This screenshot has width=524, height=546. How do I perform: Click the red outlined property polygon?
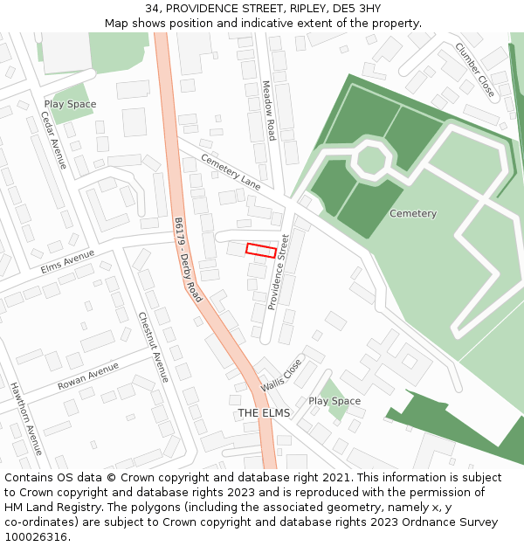tap(261, 250)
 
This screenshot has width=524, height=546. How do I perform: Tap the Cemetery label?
tap(413, 213)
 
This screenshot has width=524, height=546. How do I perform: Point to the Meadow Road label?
tap(268, 110)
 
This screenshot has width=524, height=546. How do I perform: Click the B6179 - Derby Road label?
tap(188, 259)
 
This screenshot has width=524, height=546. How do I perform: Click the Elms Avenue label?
tap(67, 261)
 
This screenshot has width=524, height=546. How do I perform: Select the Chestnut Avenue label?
tap(154, 347)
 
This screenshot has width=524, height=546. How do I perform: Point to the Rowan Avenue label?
tap(88, 377)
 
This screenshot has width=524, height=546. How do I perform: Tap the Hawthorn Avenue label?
tap(25, 418)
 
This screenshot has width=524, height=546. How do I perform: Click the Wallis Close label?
tap(281, 375)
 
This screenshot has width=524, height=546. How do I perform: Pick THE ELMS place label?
tap(264, 412)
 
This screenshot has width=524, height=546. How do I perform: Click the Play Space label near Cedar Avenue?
tap(70, 104)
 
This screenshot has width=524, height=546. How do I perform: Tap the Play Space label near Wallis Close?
tap(334, 401)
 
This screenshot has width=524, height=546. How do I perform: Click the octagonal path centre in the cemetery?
tap(371, 160)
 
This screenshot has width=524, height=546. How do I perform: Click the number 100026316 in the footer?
tap(37, 536)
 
